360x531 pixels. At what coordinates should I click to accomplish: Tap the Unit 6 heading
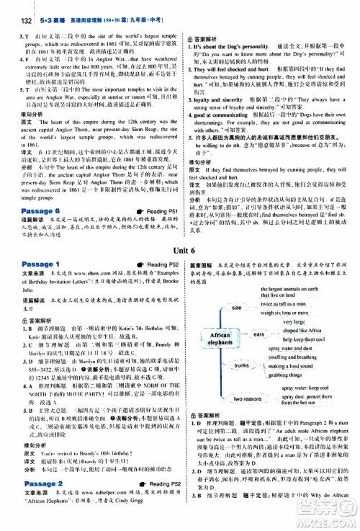point(180,228)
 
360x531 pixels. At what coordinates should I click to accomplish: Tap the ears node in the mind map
point(260,314)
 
